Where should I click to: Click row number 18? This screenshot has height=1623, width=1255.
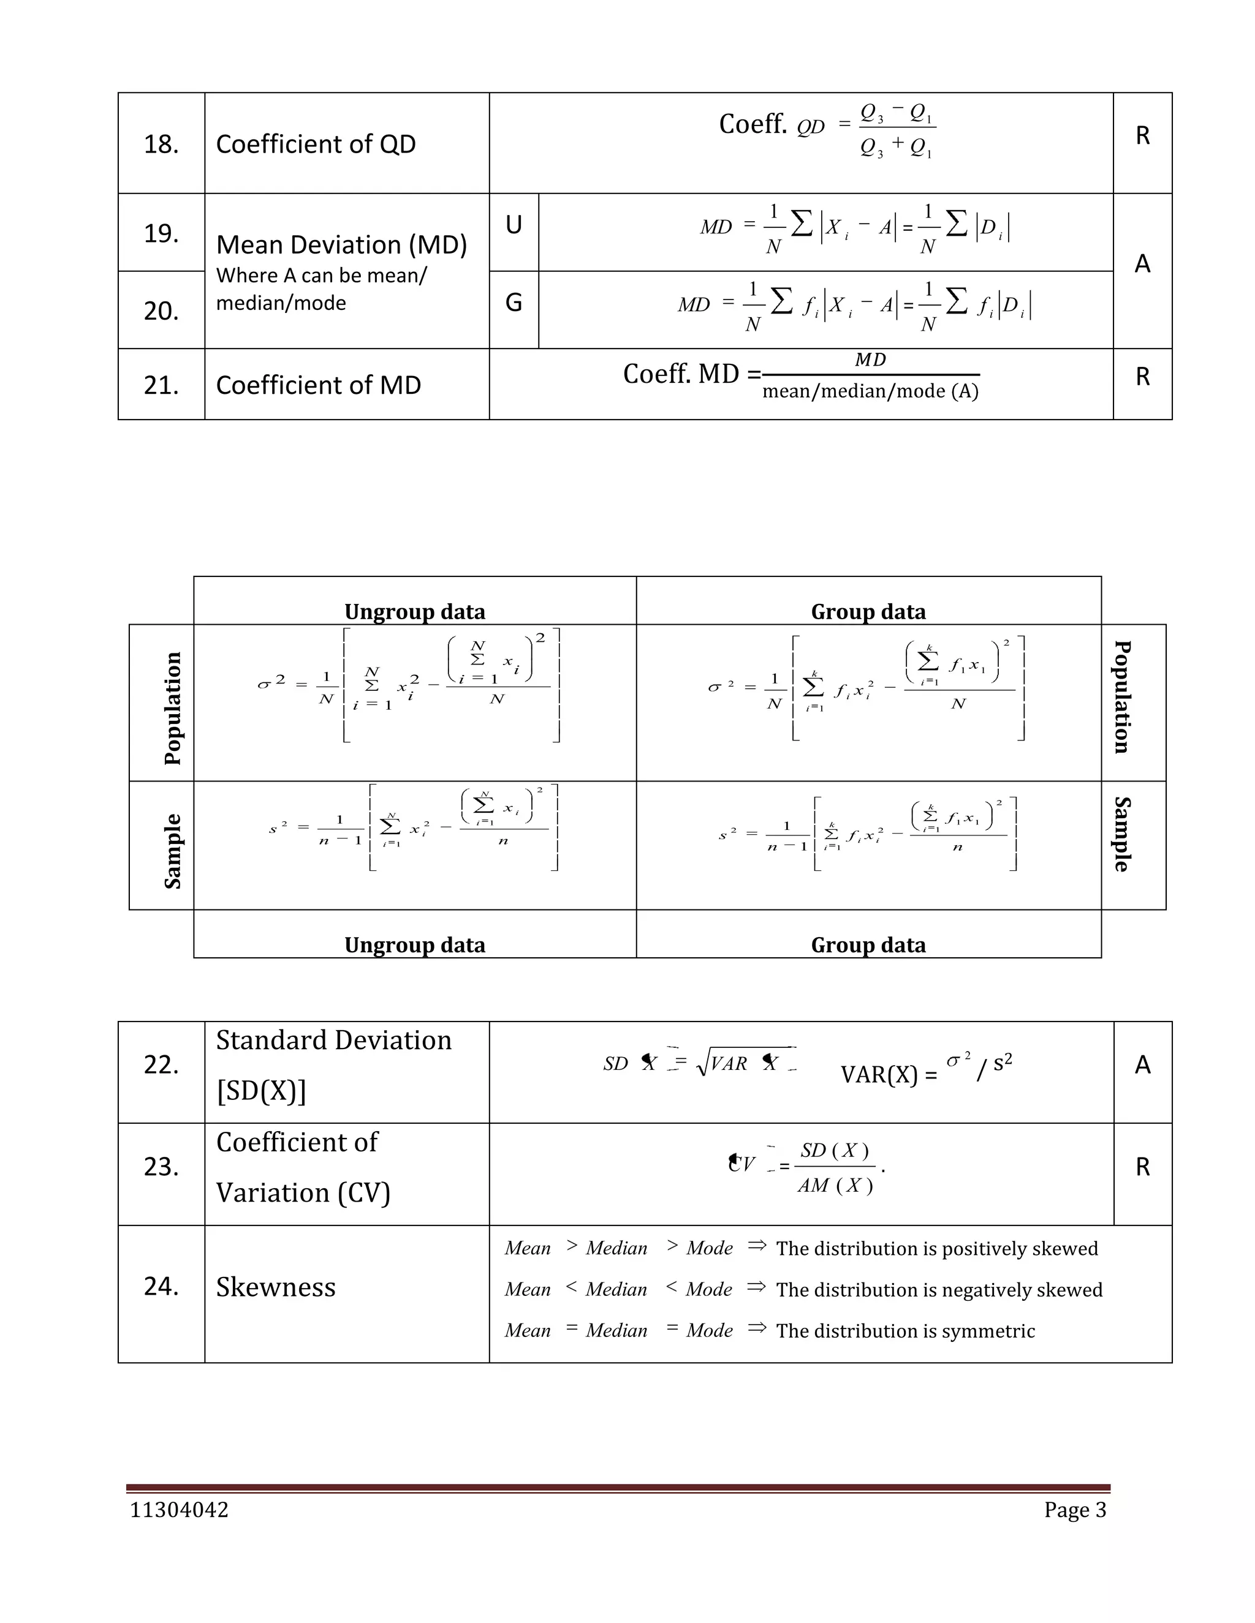161,144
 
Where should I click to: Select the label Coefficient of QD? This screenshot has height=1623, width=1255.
315,144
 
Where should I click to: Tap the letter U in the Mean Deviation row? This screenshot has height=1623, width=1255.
513,224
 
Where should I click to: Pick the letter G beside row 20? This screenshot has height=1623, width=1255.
513,303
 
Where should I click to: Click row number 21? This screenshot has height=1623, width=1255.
161,385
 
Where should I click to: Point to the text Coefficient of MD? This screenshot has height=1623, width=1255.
318,385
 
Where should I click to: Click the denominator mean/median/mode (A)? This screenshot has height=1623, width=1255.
870,391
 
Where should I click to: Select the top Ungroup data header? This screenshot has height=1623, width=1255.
414,612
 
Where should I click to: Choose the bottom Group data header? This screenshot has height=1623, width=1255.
868,944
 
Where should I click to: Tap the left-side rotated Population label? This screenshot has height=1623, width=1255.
172,707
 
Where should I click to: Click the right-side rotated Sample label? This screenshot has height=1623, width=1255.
1122,834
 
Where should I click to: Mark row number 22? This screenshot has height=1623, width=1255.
161,1065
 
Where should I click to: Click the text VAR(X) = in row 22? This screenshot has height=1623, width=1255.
889,1075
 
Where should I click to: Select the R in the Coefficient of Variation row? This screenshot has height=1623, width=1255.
1143,1167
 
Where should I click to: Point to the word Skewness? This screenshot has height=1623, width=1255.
276,1287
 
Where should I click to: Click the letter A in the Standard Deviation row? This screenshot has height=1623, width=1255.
1143,1065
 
